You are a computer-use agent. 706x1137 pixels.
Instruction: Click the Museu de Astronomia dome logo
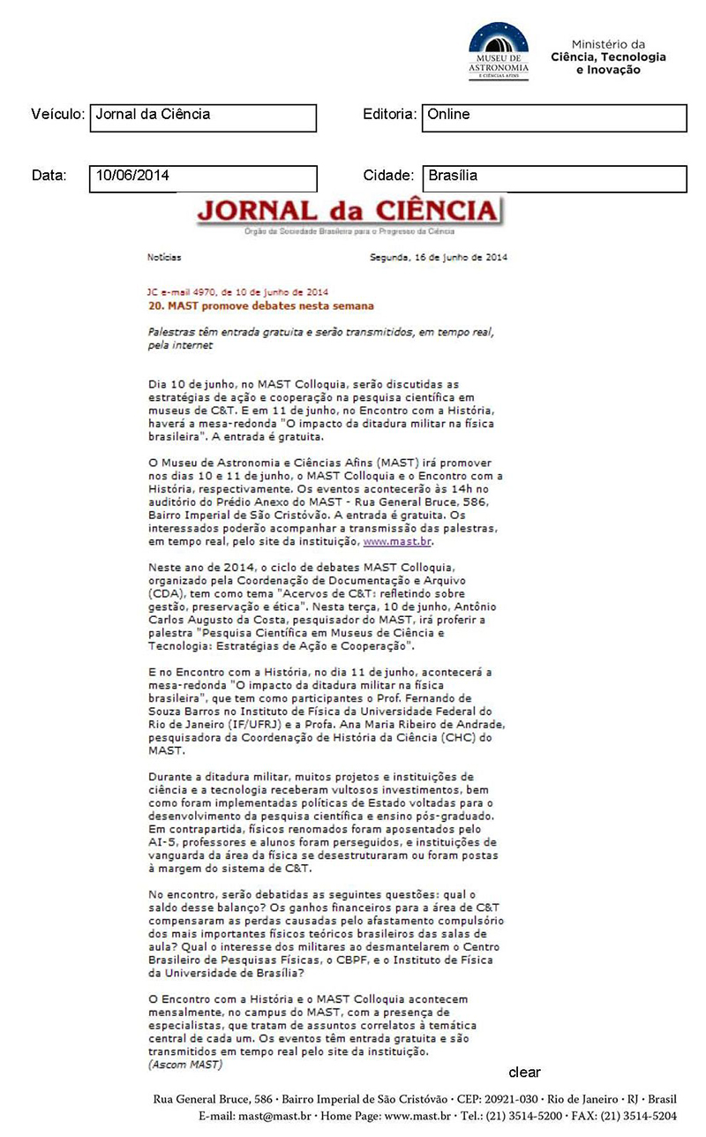(x=499, y=51)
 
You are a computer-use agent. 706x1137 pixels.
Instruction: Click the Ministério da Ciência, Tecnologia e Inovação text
(x=608, y=57)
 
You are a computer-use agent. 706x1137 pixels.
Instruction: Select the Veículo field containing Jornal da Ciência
(x=203, y=117)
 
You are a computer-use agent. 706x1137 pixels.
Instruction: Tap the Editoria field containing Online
(x=553, y=117)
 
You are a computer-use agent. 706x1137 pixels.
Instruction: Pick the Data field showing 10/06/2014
(x=203, y=178)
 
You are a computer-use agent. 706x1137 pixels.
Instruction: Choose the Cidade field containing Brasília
(x=553, y=178)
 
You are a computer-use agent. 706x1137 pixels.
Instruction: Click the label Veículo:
(x=57, y=115)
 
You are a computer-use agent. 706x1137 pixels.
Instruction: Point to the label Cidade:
(x=388, y=176)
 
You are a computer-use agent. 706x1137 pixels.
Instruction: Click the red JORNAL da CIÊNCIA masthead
(x=347, y=212)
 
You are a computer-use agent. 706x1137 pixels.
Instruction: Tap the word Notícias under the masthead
(x=163, y=258)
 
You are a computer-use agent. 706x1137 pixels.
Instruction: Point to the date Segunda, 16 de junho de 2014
(x=438, y=258)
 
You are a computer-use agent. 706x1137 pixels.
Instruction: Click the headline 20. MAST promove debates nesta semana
(x=260, y=305)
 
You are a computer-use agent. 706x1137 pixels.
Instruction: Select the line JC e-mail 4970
(x=237, y=291)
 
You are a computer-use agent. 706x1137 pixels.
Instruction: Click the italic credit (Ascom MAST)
(x=185, y=1065)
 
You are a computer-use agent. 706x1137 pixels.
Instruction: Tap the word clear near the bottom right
(x=524, y=1073)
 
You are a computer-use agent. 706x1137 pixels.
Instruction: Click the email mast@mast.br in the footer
(x=279, y=1116)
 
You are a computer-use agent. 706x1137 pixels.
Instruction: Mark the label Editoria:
(x=389, y=115)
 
